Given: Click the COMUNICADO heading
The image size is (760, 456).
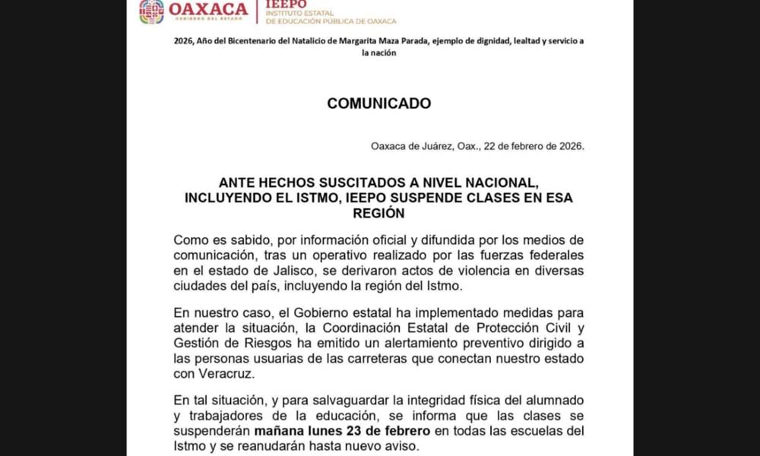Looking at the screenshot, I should (x=379, y=103).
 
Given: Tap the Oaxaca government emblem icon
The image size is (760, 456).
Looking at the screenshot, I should (x=151, y=11).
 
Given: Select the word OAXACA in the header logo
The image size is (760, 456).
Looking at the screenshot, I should (x=208, y=9).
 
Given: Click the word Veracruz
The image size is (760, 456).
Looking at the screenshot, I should (x=218, y=374).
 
